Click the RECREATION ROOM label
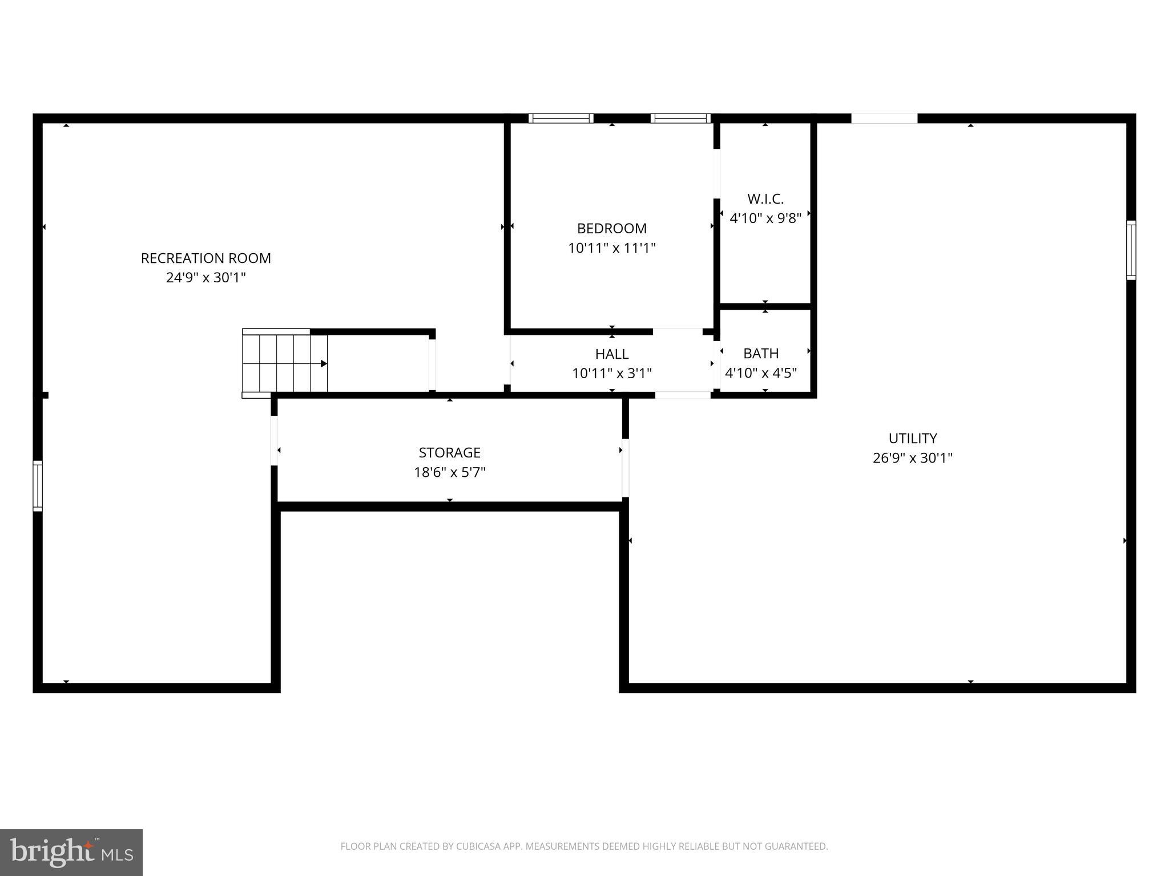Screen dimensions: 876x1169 click(x=205, y=258)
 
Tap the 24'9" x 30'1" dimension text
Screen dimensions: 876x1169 click(x=205, y=278)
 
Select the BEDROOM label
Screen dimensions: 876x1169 click(x=611, y=228)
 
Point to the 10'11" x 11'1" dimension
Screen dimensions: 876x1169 click(x=611, y=248)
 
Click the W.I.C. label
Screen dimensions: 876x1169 click(x=765, y=199)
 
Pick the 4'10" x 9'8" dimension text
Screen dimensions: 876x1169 click(x=765, y=218)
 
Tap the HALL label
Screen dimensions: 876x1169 click(x=611, y=354)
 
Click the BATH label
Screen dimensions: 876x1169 click(x=760, y=353)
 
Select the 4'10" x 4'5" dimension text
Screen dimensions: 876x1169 click(x=760, y=373)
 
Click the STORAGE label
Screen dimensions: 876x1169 click(x=449, y=452)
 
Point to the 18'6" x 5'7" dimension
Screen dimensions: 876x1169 click(x=449, y=472)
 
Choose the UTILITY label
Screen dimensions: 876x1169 click(x=912, y=438)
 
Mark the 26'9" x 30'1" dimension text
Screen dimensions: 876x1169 click(x=912, y=458)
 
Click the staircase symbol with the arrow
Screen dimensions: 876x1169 click(x=285, y=363)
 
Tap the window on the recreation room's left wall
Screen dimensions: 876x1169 click(x=38, y=485)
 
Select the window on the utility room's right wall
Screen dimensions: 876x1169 click(x=1130, y=250)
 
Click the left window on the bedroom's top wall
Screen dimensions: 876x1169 click(x=561, y=119)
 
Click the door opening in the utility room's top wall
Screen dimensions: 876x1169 click(x=884, y=119)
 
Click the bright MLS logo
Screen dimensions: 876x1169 click(x=71, y=852)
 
